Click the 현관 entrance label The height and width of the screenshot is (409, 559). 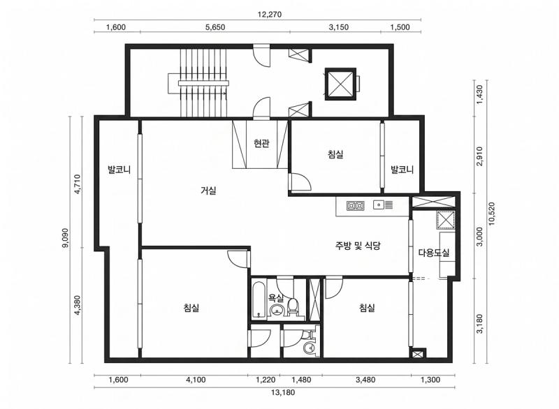(261, 144)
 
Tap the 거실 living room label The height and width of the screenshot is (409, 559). (208, 190)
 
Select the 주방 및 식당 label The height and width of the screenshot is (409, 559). (356, 245)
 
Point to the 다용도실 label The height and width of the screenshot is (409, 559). (433, 253)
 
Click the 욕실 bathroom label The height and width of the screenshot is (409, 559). (277, 298)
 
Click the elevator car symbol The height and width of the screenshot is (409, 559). (340, 84)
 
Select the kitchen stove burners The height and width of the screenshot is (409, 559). (355, 205)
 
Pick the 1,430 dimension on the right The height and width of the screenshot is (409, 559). (479, 97)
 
